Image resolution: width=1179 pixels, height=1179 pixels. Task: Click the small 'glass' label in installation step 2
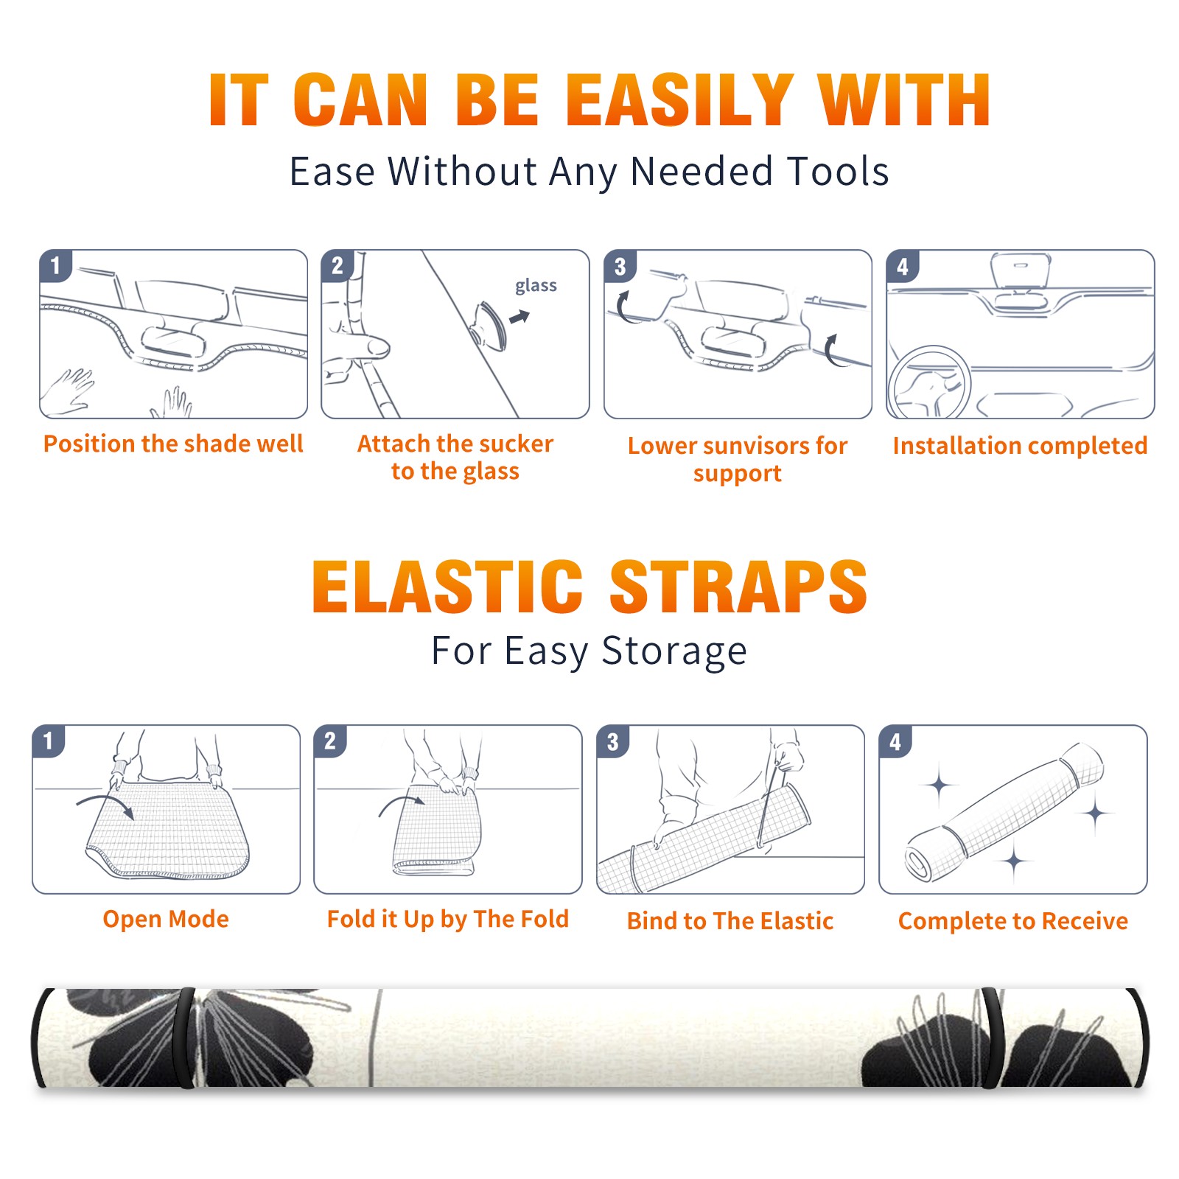coord(536,286)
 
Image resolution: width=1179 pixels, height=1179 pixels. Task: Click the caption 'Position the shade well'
coord(173,444)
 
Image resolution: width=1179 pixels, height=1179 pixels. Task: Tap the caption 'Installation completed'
coord(1020,445)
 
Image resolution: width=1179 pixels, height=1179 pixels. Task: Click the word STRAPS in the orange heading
coord(738,587)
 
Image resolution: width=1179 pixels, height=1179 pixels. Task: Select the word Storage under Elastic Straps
coord(674,651)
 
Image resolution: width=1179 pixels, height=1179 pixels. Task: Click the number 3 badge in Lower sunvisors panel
coord(620,266)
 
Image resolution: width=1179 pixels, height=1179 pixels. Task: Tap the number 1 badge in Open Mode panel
coord(49,741)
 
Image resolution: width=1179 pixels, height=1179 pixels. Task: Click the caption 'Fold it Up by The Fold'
coord(448,919)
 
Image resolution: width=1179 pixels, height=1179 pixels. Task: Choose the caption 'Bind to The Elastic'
coord(730,920)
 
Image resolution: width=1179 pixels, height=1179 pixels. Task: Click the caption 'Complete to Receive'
coord(1013,920)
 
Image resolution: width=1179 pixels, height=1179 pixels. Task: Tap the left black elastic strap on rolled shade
coord(184,1038)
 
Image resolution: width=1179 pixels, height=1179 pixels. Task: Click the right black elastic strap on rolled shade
coord(993,1038)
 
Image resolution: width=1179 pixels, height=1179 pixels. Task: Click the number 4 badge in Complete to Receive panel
coord(895,741)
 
